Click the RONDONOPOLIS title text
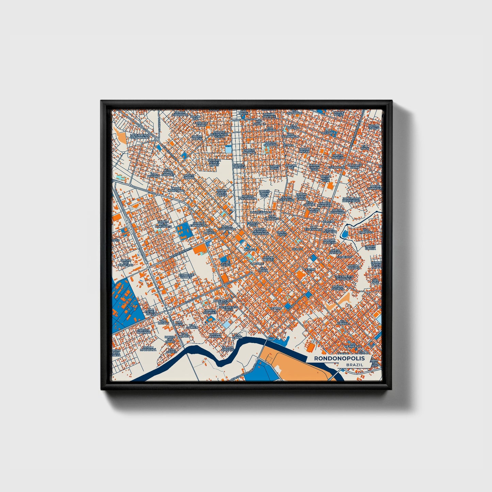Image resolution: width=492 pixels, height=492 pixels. click(x=339, y=358)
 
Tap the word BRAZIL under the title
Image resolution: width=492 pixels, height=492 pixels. click(x=354, y=365)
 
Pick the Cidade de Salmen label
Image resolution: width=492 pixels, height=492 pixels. click(x=187, y=275)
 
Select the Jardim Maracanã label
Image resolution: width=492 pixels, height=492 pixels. click(x=147, y=348)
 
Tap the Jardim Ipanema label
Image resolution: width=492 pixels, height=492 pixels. click(x=215, y=336)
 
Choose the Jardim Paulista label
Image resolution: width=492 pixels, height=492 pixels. click(x=338, y=288)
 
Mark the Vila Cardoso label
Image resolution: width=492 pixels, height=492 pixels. click(x=368, y=232)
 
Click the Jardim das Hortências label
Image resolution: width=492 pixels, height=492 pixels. click(x=351, y=200)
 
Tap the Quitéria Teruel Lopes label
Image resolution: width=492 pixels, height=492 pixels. click(x=214, y=162)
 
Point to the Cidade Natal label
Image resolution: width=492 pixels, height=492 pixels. click(x=338, y=113)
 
